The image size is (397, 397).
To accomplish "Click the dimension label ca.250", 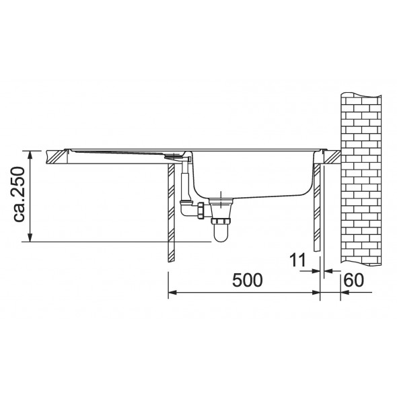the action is [x=18, y=194].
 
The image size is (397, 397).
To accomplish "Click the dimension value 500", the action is [x=248, y=281].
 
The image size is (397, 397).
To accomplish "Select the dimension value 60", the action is [x=354, y=280].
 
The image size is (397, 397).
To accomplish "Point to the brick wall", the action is [x=361, y=179].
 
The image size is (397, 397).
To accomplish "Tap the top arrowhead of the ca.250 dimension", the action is [x=30, y=155].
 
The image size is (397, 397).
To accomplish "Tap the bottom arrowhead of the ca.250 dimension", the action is [x=30, y=238].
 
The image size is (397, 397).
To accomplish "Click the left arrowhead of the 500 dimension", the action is [x=173, y=293].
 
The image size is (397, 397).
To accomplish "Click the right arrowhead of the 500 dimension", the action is [x=316, y=293].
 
